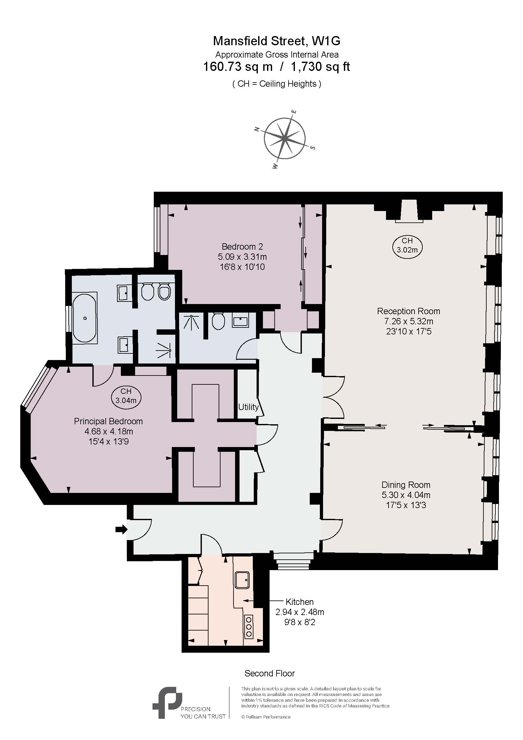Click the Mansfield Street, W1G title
coord(277,41)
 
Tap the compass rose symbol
coord(285,139)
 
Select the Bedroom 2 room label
coord(242,246)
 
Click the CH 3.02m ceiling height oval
coord(407,245)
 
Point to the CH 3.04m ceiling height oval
coord(126,396)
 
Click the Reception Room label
coord(408,311)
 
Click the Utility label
coord(248,407)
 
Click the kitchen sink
coord(242,580)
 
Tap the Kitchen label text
coord(299,602)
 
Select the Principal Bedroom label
coord(108,421)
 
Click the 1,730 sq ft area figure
coord(320,67)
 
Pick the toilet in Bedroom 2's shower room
coord(219,321)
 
